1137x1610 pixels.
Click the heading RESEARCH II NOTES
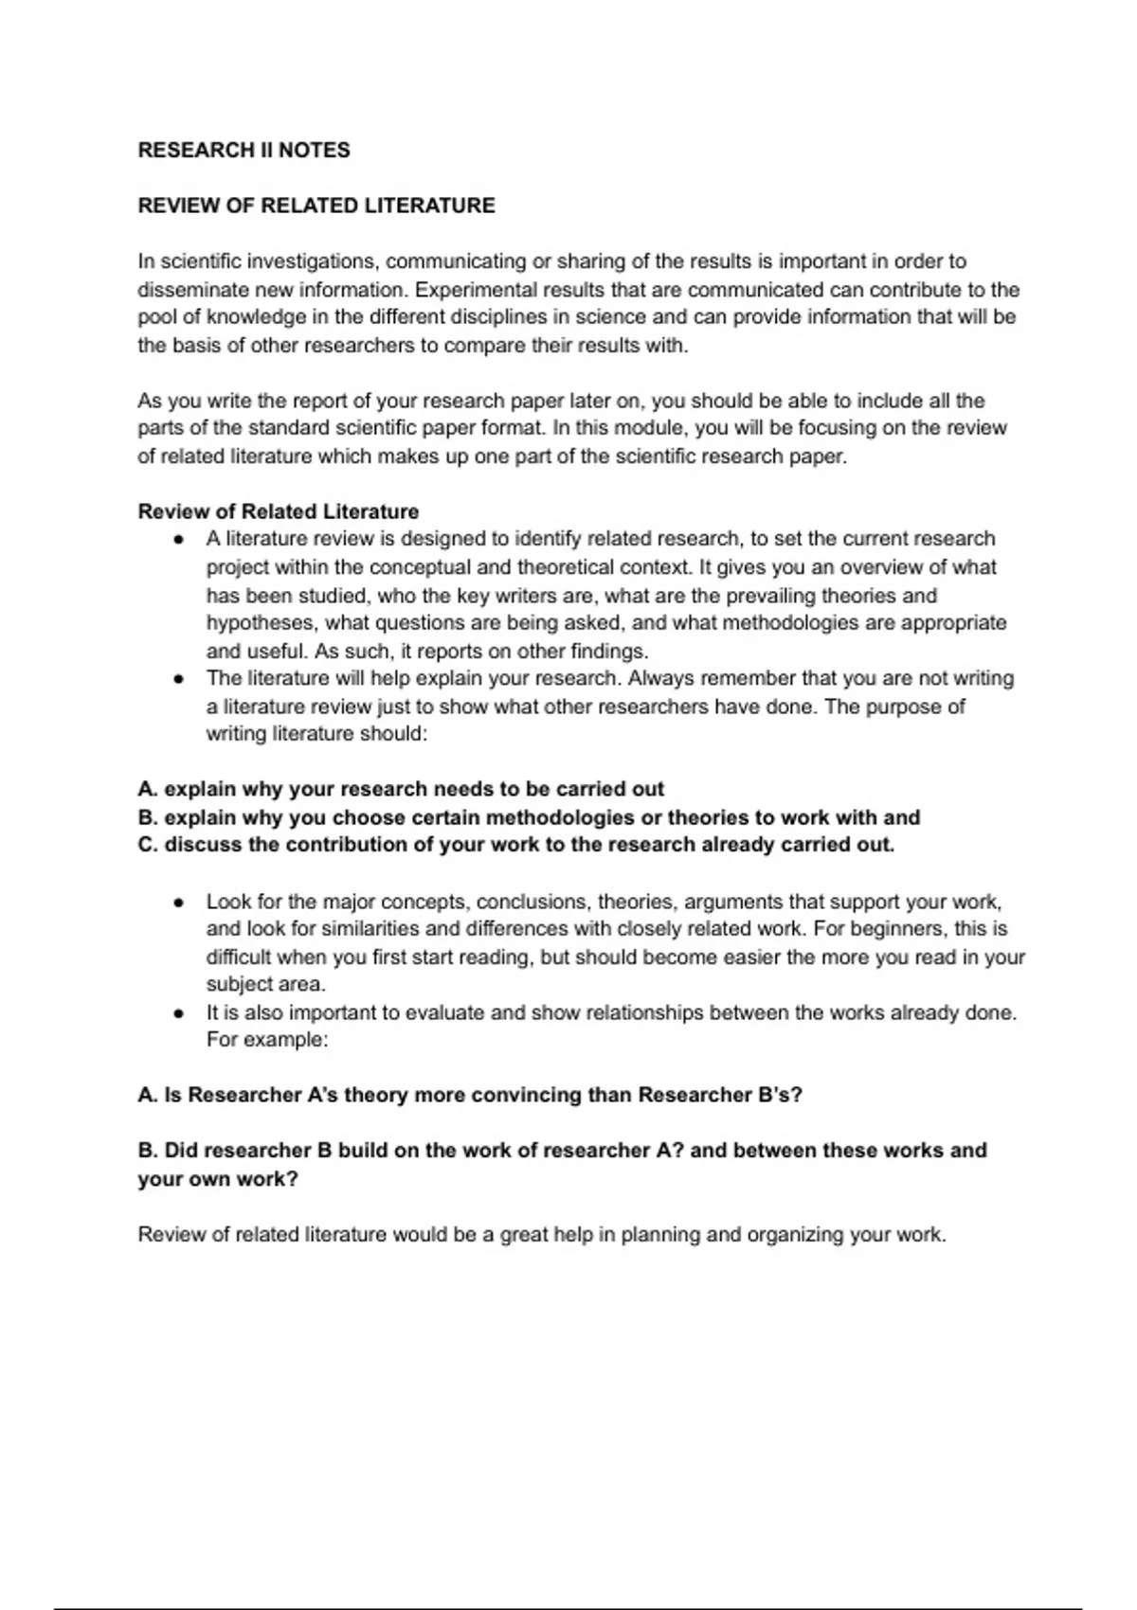click(244, 150)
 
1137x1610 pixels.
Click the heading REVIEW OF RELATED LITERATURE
click(316, 206)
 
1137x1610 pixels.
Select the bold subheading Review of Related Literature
click(278, 511)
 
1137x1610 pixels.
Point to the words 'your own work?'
click(218, 1179)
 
